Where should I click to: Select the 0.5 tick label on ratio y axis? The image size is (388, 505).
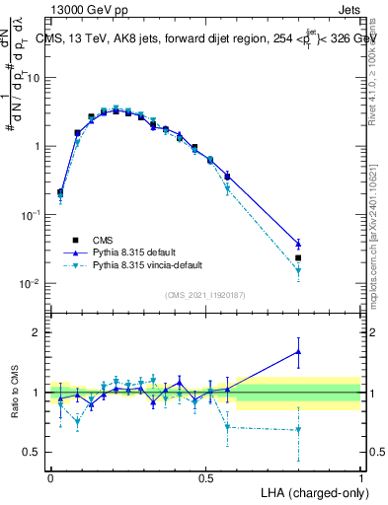coord(32,454)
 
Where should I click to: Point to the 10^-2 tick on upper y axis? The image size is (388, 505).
coord(30,284)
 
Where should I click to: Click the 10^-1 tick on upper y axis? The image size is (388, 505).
coord(30,215)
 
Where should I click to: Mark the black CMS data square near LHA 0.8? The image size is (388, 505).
coord(298,257)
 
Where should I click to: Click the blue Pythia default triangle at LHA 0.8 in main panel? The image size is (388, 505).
coord(298,244)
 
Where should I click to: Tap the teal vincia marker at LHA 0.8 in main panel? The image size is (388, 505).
coord(298,270)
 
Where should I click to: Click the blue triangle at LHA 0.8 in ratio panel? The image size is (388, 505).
coord(298,351)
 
